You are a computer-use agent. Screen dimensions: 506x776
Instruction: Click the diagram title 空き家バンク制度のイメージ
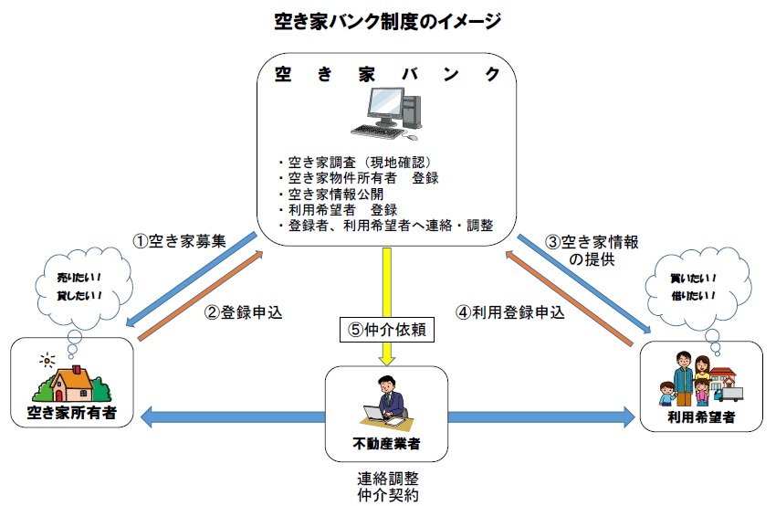(387, 20)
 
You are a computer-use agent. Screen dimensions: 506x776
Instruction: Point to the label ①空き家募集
(179, 241)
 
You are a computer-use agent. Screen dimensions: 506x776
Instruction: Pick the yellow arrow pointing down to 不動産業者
(388, 283)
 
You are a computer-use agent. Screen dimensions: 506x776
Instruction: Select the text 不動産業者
(388, 445)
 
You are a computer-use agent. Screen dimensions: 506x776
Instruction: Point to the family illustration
(699, 380)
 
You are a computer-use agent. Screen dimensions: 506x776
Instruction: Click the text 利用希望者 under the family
(701, 416)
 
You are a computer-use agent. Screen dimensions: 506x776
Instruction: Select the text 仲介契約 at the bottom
(388, 494)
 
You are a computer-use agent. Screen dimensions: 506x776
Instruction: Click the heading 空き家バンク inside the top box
(388, 74)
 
